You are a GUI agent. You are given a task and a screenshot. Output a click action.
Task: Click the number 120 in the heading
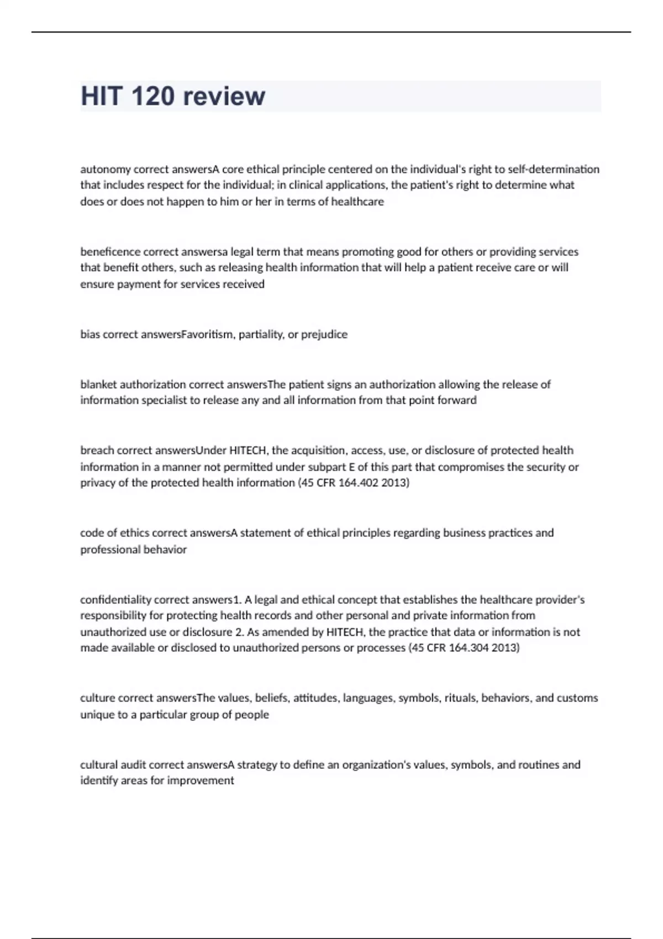click(x=153, y=96)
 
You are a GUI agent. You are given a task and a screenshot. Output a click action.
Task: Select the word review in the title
click(x=224, y=96)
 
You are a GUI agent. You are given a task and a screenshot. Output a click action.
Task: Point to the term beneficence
click(x=110, y=252)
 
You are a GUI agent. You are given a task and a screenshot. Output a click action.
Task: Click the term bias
click(x=90, y=334)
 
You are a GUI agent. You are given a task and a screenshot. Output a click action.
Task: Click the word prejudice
click(x=324, y=334)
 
